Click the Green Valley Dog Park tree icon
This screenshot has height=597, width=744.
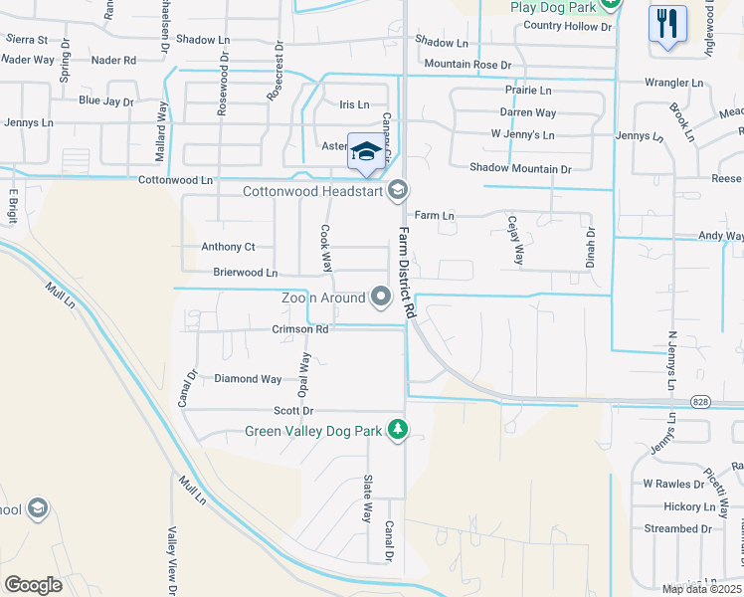(x=398, y=429)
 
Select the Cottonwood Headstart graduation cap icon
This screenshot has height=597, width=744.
(x=398, y=189)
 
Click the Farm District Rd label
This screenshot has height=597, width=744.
(x=407, y=272)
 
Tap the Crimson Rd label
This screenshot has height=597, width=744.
(x=299, y=329)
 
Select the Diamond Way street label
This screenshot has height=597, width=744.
(x=248, y=379)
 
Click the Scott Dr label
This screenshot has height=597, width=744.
(x=293, y=411)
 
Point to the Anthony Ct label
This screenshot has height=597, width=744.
(x=228, y=247)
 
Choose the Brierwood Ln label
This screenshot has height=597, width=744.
(x=245, y=272)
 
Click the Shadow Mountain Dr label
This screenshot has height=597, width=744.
(x=520, y=169)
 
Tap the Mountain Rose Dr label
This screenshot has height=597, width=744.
(x=466, y=65)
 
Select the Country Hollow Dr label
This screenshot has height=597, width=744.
(x=567, y=26)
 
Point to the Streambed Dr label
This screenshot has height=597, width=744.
(x=677, y=528)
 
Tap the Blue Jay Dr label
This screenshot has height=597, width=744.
(x=106, y=101)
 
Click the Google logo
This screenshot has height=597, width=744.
(x=33, y=585)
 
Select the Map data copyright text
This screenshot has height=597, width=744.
(x=701, y=589)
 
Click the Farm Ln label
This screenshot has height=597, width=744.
(x=434, y=215)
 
